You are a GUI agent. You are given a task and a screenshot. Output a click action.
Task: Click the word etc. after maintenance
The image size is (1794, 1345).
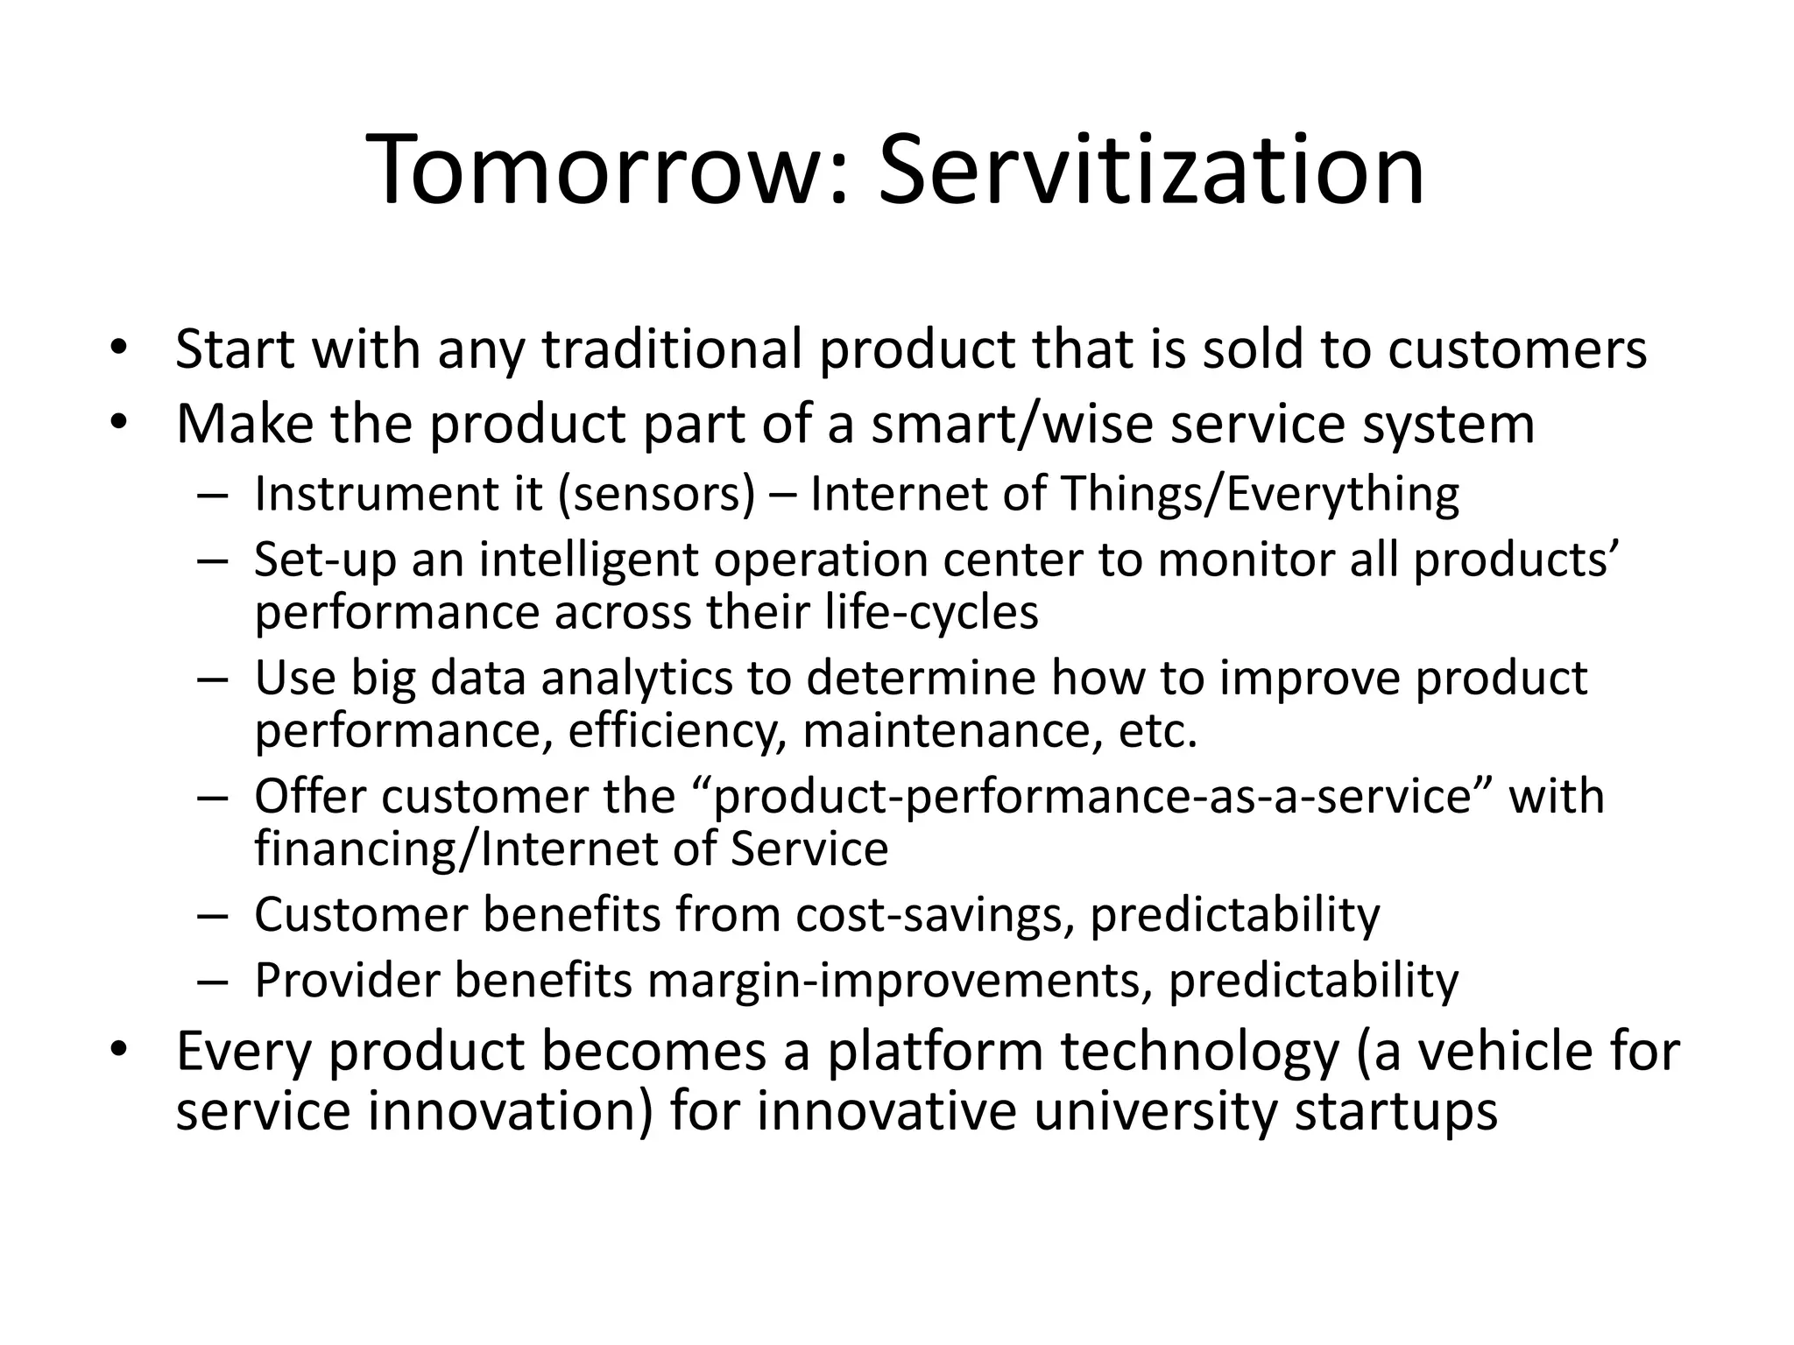(1157, 730)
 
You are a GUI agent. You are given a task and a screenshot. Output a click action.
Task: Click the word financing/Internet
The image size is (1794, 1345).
(456, 849)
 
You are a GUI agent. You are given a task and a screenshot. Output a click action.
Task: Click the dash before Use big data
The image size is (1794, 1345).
(213, 680)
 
